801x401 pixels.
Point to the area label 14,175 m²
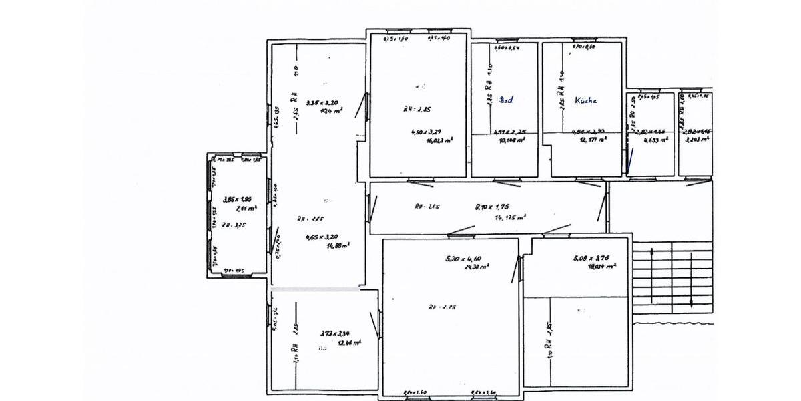click(511, 217)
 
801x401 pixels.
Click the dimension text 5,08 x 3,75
click(591, 257)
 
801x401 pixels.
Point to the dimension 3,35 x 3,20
click(322, 103)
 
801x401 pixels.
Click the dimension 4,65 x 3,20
click(322, 237)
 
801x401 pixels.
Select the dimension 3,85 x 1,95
click(236, 199)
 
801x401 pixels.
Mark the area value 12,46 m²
click(349, 342)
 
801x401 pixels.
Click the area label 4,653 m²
click(655, 141)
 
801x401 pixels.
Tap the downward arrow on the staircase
click(692, 294)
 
